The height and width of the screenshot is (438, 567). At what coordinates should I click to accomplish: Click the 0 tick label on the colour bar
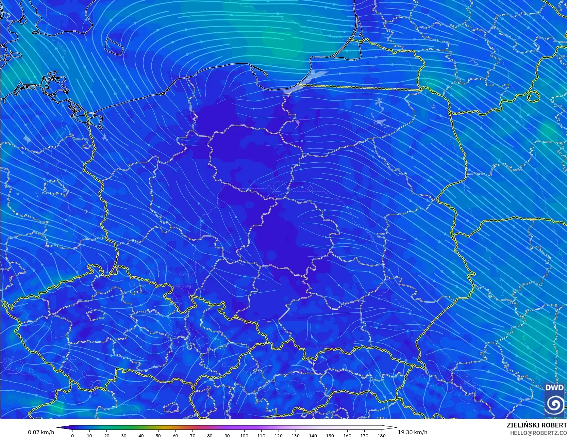[x=72, y=435]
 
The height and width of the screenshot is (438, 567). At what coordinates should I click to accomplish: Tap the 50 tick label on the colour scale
[x=158, y=435]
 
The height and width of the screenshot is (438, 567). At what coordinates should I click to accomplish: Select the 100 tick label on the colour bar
[x=244, y=435]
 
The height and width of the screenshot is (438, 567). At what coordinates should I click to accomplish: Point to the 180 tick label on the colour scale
[x=382, y=435]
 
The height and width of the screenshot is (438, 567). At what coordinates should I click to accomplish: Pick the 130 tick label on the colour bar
[x=296, y=435]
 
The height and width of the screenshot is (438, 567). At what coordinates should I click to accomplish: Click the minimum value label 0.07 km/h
[x=41, y=432]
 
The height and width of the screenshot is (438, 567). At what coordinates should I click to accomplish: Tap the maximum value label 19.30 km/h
[x=412, y=432]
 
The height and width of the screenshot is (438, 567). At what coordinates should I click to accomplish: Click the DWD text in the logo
[x=554, y=388]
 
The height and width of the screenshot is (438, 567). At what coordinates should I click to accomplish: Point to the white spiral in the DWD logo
[x=554, y=404]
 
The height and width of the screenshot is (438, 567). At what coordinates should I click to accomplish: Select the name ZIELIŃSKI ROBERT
[x=536, y=425]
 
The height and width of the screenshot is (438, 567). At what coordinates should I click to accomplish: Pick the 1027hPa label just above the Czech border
[x=184, y=286]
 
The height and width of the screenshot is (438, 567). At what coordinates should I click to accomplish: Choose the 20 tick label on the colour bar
[x=107, y=435]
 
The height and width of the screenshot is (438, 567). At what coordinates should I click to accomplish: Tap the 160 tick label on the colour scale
[x=347, y=435]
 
